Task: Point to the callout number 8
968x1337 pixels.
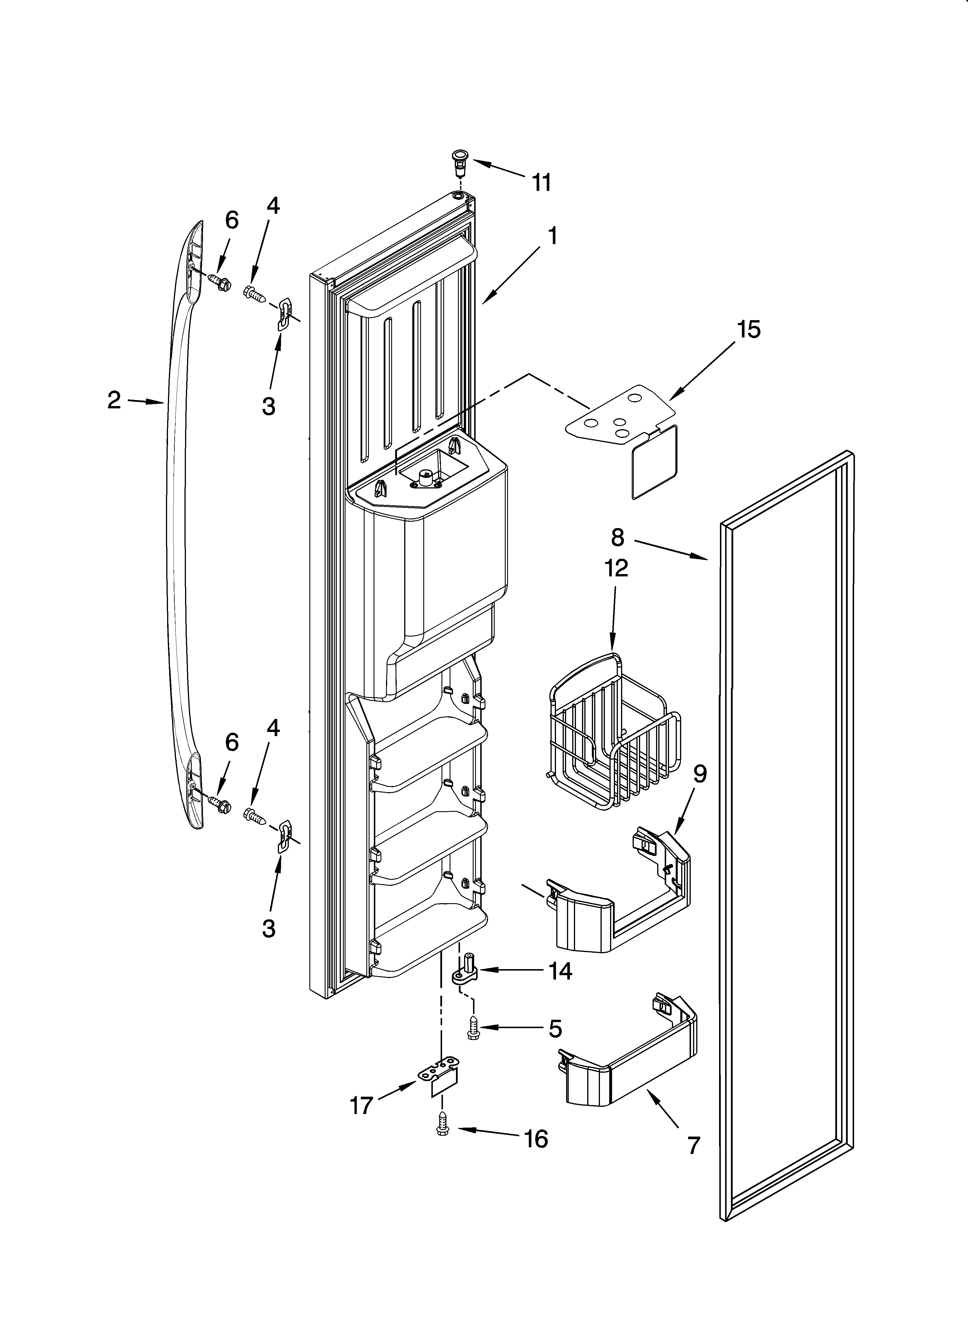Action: (617, 537)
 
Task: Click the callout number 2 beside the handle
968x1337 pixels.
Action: (114, 400)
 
